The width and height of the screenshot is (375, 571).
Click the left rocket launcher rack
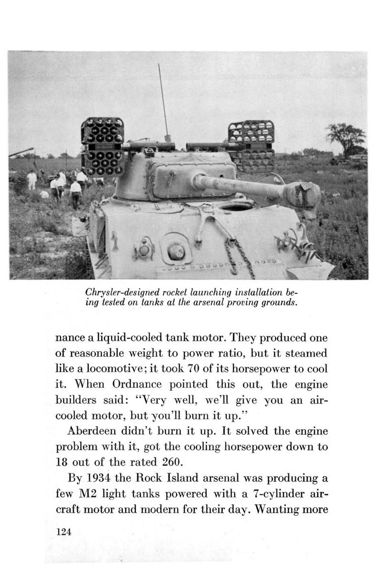click(x=102, y=147)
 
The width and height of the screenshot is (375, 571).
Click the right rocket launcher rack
click(x=251, y=145)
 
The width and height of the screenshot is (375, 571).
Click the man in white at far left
click(x=32, y=180)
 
